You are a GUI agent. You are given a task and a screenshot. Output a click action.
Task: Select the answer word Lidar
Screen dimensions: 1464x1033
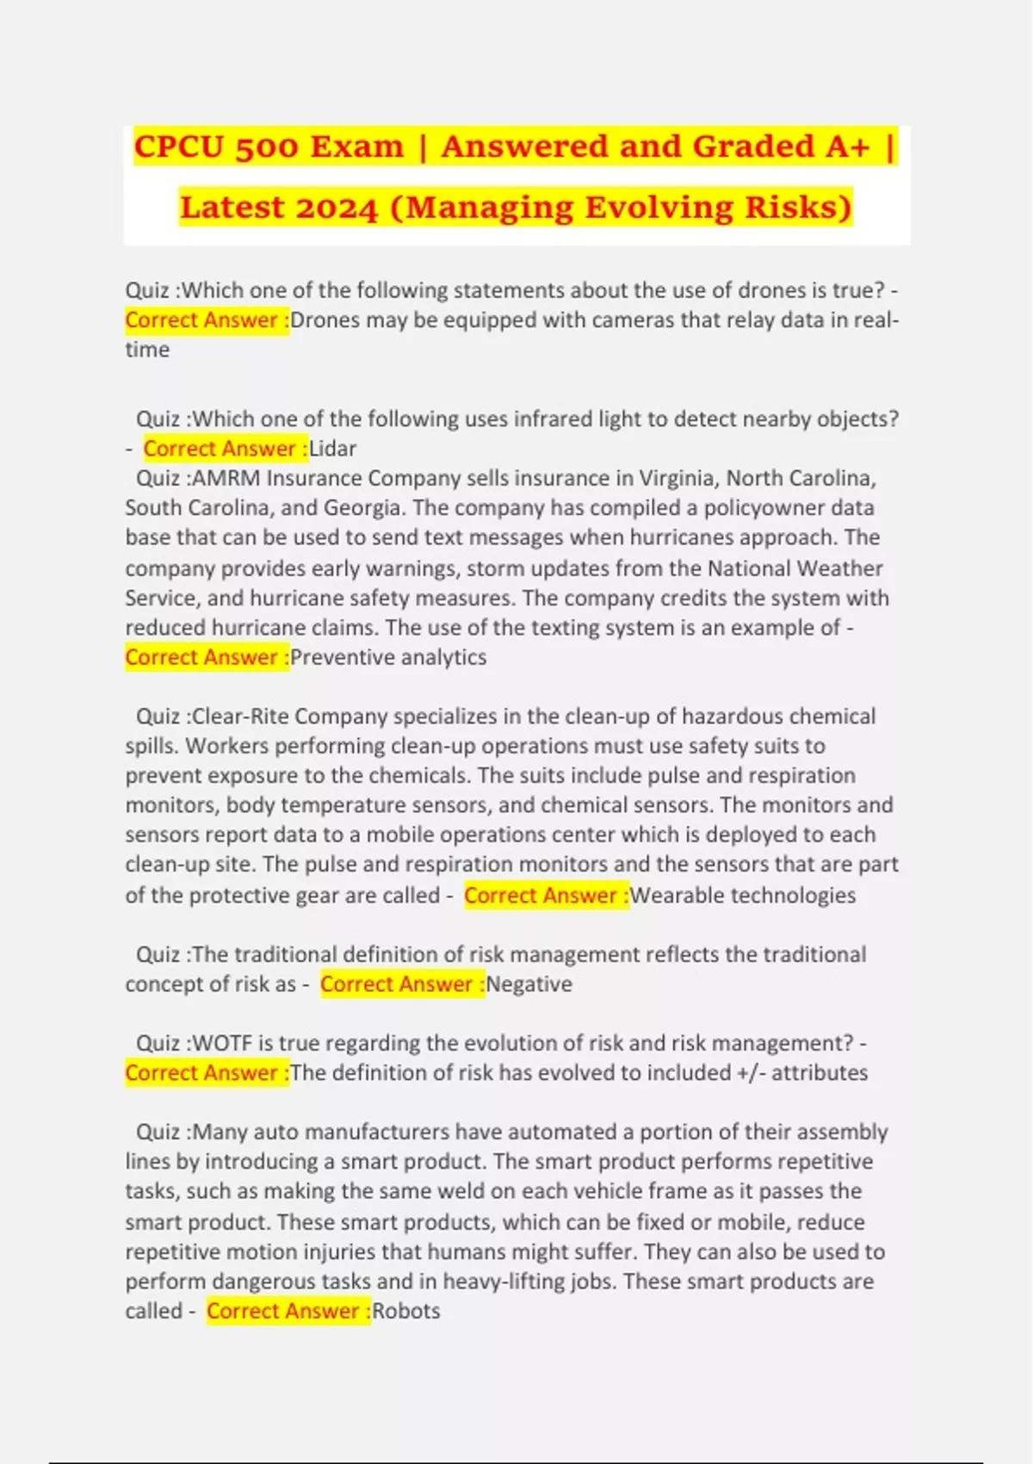click(332, 449)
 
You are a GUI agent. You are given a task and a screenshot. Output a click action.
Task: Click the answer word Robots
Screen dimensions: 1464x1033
click(405, 1311)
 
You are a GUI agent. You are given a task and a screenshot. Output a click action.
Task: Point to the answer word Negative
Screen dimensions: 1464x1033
click(529, 983)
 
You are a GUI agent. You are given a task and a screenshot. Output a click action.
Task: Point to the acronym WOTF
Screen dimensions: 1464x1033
click(222, 1043)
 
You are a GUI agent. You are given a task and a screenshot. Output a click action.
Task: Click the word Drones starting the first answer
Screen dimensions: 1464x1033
click(325, 320)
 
